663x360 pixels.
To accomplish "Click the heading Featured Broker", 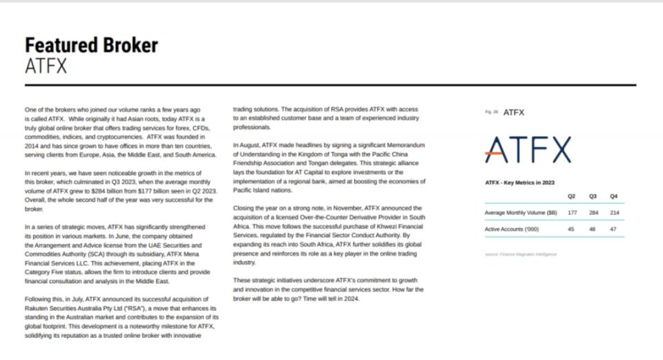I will (x=91, y=46).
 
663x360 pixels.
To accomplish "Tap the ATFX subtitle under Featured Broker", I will (x=46, y=66).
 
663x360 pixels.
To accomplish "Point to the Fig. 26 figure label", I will (x=491, y=112).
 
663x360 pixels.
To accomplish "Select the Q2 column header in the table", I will (x=571, y=196).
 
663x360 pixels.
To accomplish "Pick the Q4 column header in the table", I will (x=613, y=196).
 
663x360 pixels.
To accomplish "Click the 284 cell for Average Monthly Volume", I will (x=593, y=213).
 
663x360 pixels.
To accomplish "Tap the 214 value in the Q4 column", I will (x=613, y=213).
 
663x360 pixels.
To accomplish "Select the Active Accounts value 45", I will (x=571, y=229).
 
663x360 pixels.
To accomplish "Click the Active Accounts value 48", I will (x=593, y=229).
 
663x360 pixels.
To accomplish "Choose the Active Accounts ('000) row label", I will (x=512, y=229).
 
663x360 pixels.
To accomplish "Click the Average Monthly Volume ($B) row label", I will (x=521, y=213).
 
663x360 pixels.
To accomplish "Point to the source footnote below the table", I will (x=520, y=254).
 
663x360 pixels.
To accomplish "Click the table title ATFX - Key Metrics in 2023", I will (x=520, y=183).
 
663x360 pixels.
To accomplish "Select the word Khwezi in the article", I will (x=385, y=226).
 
